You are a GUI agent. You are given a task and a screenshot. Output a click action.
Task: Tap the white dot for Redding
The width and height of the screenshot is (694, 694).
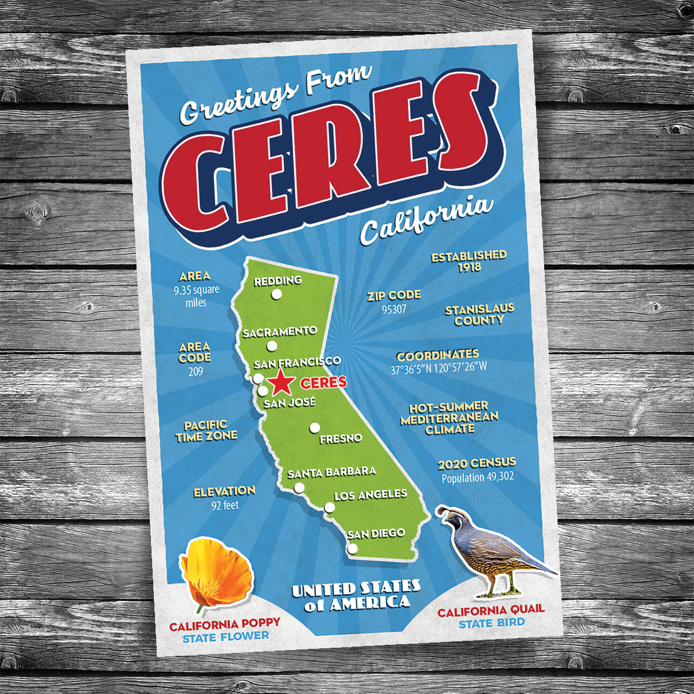click(276, 295)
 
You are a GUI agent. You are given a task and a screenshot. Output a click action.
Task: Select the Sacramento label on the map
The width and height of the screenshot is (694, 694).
click(280, 332)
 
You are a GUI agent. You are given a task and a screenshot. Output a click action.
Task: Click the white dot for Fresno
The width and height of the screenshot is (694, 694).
click(315, 427)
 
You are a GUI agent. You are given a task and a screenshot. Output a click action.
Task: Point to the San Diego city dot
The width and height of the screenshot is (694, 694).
click(352, 548)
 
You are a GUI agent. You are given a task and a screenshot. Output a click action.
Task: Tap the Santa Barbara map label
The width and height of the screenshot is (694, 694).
click(331, 472)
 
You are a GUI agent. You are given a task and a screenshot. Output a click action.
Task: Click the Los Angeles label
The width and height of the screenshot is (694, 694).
click(370, 495)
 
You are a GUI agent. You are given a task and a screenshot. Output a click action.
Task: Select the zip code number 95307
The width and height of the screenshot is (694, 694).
click(394, 309)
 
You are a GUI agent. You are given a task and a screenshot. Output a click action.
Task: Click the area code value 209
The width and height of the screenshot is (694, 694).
click(195, 371)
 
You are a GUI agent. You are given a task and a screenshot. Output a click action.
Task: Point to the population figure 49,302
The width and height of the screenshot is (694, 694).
click(478, 478)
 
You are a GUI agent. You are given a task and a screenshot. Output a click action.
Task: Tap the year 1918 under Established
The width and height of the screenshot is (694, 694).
click(470, 268)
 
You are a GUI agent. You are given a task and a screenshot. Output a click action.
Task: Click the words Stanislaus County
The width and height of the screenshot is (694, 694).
click(479, 315)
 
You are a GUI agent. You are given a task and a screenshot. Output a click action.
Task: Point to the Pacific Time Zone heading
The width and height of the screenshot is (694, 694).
click(206, 431)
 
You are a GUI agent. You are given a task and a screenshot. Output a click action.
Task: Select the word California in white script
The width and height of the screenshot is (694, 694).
click(427, 220)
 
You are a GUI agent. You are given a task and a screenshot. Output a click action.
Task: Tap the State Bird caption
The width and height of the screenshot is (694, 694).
click(492, 623)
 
